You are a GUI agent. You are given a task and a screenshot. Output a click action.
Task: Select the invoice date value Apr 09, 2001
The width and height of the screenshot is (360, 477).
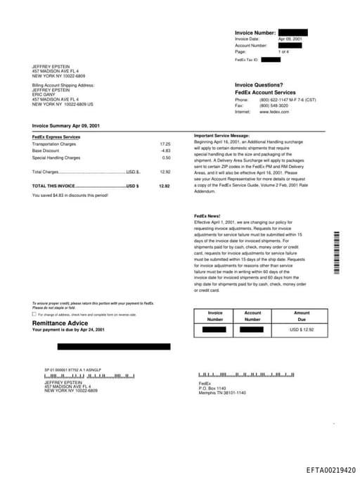click(x=290, y=39)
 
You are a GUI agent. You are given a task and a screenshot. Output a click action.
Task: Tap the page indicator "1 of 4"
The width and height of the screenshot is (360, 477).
click(x=283, y=52)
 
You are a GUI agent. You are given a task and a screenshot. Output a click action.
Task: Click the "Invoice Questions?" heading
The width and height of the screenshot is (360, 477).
click(x=259, y=84)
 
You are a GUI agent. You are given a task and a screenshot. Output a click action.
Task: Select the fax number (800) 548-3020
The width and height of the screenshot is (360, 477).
click(x=274, y=106)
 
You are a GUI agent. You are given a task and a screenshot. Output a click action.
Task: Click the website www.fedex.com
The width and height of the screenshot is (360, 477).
click(x=274, y=112)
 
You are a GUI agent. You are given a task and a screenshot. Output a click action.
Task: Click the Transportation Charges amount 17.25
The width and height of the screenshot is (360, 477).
click(x=165, y=144)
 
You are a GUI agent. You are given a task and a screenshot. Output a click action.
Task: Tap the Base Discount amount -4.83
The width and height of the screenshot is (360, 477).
click(x=165, y=151)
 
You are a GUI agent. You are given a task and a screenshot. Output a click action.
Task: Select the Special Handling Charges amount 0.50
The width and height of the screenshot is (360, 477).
click(x=166, y=158)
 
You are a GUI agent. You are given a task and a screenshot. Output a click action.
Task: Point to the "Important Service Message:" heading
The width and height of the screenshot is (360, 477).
click(x=221, y=135)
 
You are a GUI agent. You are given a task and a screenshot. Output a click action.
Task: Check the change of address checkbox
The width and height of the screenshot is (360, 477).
click(x=34, y=314)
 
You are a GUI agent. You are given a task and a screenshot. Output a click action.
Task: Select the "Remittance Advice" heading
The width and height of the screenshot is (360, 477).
click(x=60, y=323)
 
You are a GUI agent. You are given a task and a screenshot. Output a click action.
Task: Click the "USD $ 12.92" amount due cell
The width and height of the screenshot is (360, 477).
click(x=302, y=329)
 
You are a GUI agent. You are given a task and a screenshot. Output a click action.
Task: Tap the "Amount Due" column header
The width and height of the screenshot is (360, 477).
click(x=302, y=316)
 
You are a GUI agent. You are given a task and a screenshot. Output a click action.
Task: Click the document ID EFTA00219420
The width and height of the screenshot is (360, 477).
click(x=330, y=470)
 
